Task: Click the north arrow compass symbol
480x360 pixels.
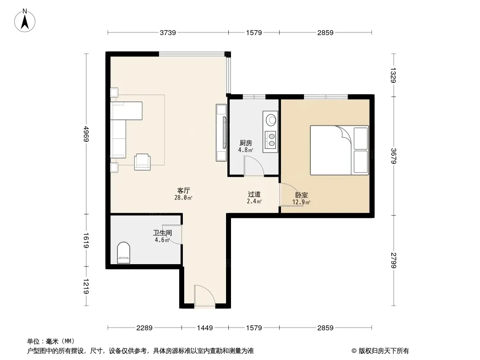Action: (x=25, y=20)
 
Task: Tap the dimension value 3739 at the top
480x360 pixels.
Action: (x=168, y=32)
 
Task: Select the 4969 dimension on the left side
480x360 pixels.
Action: (x=86, y=134)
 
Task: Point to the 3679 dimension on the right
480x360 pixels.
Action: (x=394, y=156)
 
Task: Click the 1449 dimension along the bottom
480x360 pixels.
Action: (x=205, y=328)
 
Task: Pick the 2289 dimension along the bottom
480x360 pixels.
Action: (x=144, y=328)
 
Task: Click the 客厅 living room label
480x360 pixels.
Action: (x=184, y=190)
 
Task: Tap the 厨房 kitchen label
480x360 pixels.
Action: (x=246, y=143)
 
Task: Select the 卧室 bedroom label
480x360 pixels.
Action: (x=302, y=195)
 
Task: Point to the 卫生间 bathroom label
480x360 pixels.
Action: (x=163, y=233)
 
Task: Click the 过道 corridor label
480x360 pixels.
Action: (x=254, y=194)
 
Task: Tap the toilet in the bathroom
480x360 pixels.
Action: (x=124, y=252)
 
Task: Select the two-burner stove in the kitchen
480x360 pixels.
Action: (x=270, y=139)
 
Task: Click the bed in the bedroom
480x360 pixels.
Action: (x=339, y=150)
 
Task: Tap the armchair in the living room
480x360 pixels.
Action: (x=142, y=162)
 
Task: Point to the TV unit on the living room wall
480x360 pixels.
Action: (x=222, y=132)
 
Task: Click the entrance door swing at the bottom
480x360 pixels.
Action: (x=204, y=295)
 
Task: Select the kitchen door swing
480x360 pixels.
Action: (x=254, y=166)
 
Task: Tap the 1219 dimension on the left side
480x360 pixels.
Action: (x=86, y=286)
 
